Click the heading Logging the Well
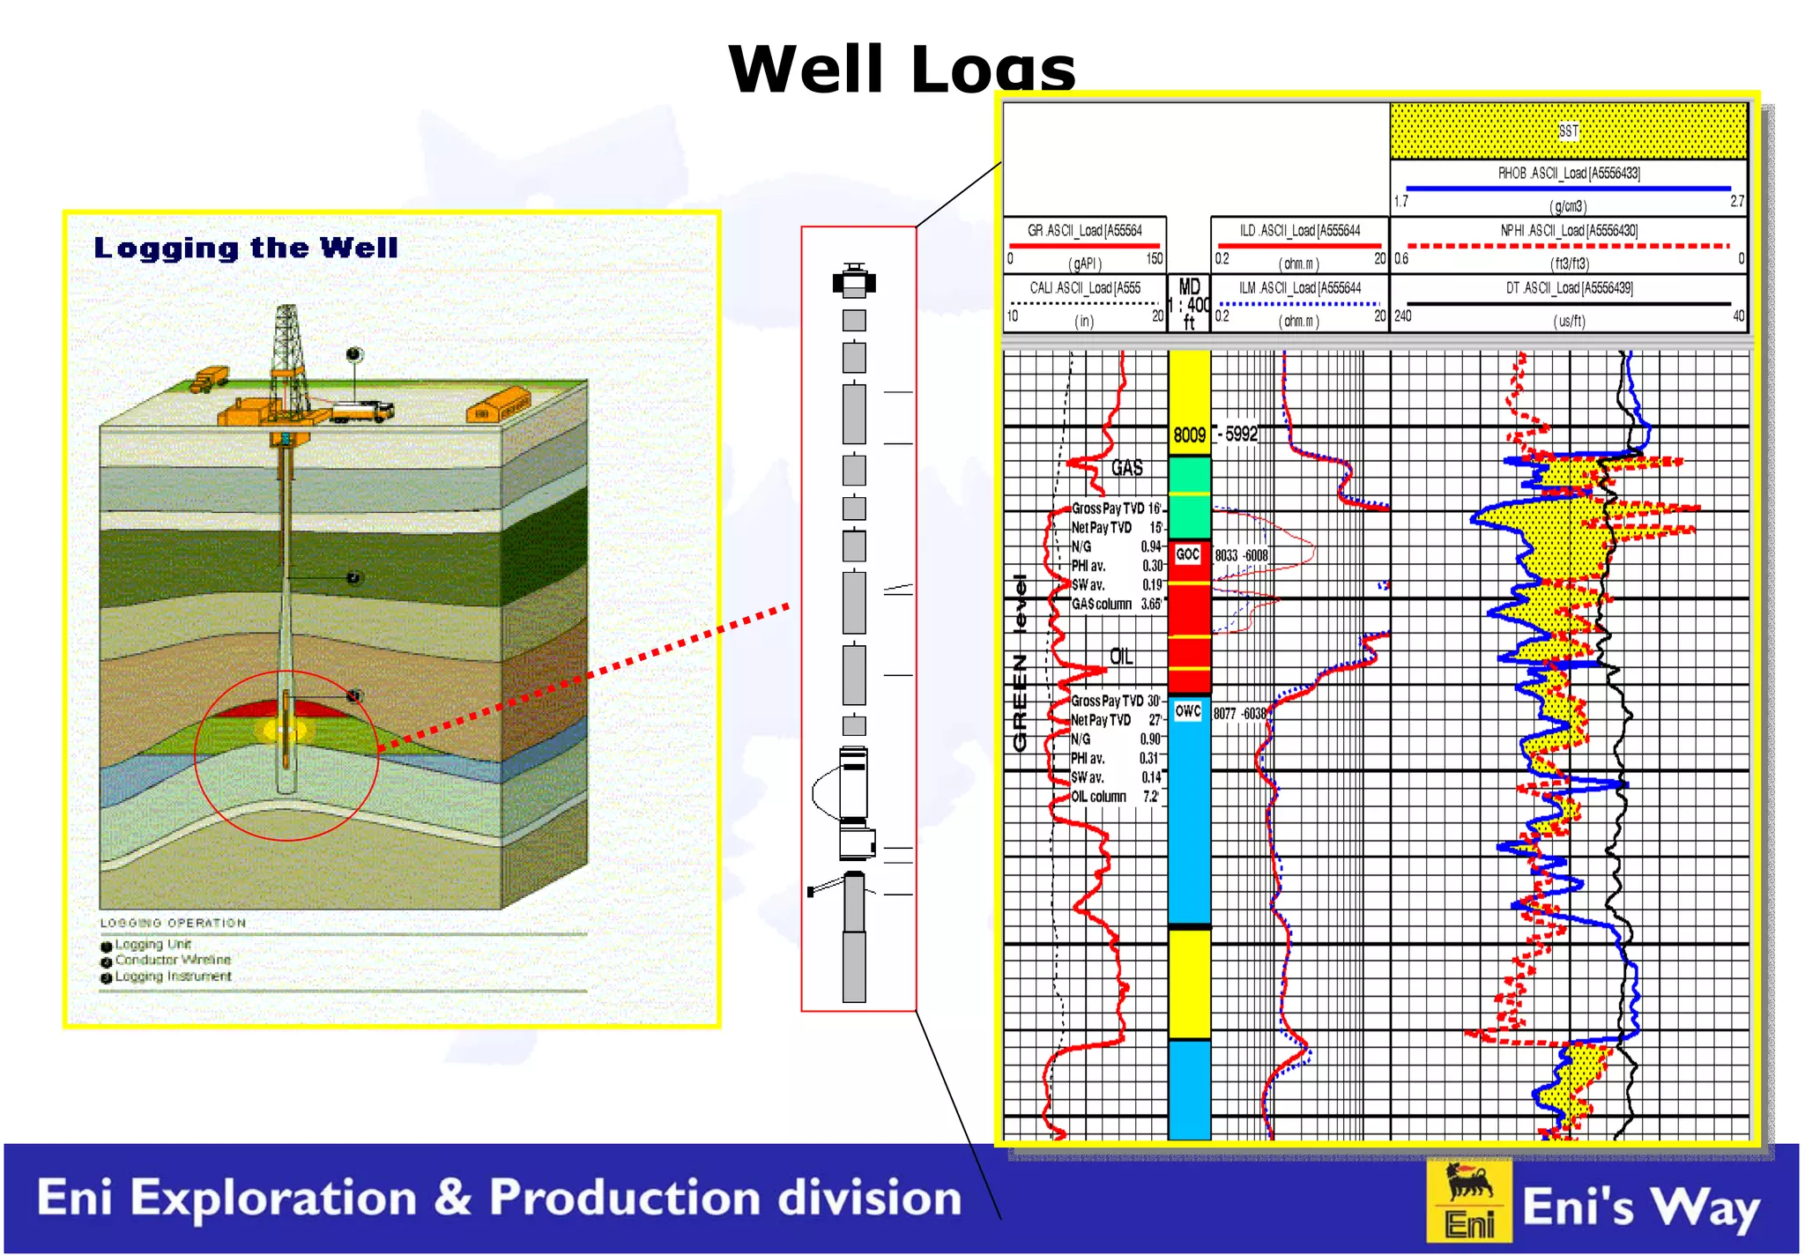[x=246, y=249]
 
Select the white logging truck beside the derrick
[x=361, y=411]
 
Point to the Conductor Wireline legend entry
[x=172, y=960]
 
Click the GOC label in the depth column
[x=1188, y=553]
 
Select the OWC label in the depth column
[x=1188, y=710]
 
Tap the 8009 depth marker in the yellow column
[x=1189, y=434]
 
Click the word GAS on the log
[x=1126, y=468]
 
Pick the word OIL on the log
[x=1121, y=657]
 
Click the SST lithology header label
[x=1568, y=131]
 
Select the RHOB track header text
[x=1569, y=174]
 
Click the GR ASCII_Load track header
[x=1084, y=231]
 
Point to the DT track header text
[x=1569, y=288]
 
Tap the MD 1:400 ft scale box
[x=1189, y=304]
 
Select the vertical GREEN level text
[x=1021, y=663]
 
